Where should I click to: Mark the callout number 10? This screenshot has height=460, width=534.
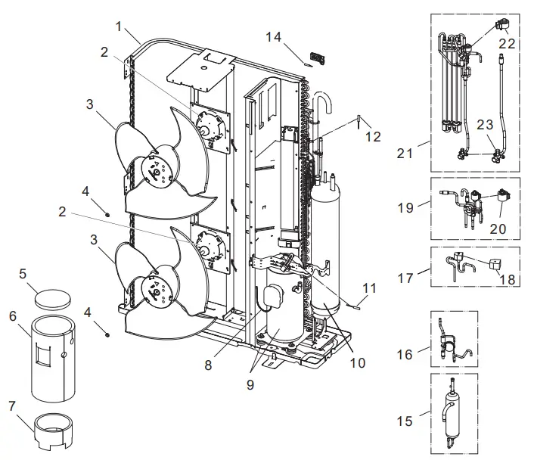coord(357,362)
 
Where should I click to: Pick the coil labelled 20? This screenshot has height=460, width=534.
coord(500,200)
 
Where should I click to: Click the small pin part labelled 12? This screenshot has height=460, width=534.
coord(358,120)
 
